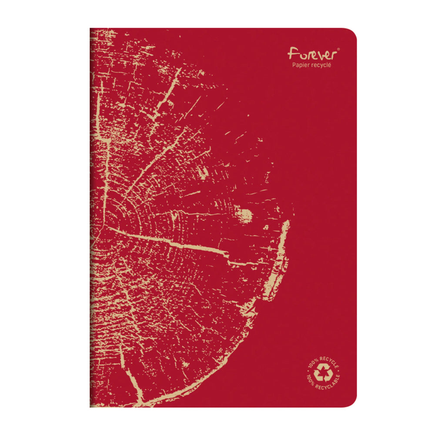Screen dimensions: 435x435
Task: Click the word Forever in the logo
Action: coord(311,55)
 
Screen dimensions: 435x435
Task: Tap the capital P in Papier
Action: coord(293,65)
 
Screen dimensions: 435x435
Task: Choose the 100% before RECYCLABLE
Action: coord(312,381)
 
